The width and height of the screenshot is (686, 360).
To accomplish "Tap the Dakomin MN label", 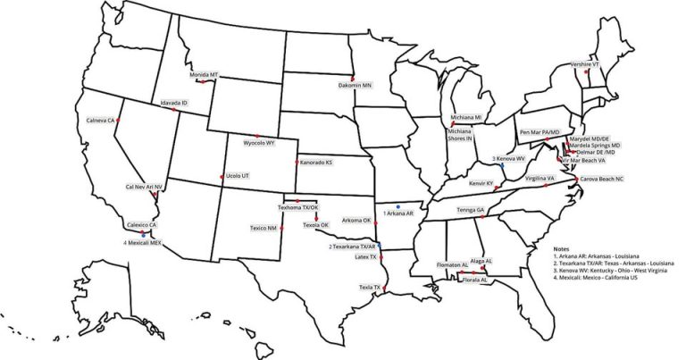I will coord(355,86).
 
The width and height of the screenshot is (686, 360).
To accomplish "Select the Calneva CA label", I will coord(101,120).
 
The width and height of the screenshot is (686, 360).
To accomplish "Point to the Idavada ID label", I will coord(174,103).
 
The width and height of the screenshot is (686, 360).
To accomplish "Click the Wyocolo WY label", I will coord(259,142).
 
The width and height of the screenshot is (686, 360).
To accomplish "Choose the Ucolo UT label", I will coord(237,176).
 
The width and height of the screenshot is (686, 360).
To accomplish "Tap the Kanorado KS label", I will coord(316,163).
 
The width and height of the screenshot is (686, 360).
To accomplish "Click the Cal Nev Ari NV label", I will coord(145,187).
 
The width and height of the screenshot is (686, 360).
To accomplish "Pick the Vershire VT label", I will coord(585,64).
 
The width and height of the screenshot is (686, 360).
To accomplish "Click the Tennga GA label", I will coord(471,209).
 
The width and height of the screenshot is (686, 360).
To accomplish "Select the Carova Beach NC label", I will coord(602,179).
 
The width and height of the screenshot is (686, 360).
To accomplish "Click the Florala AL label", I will coord(474,280).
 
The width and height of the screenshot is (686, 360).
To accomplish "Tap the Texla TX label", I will coord(370,287).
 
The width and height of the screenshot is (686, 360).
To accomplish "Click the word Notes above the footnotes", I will coord(561,249).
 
